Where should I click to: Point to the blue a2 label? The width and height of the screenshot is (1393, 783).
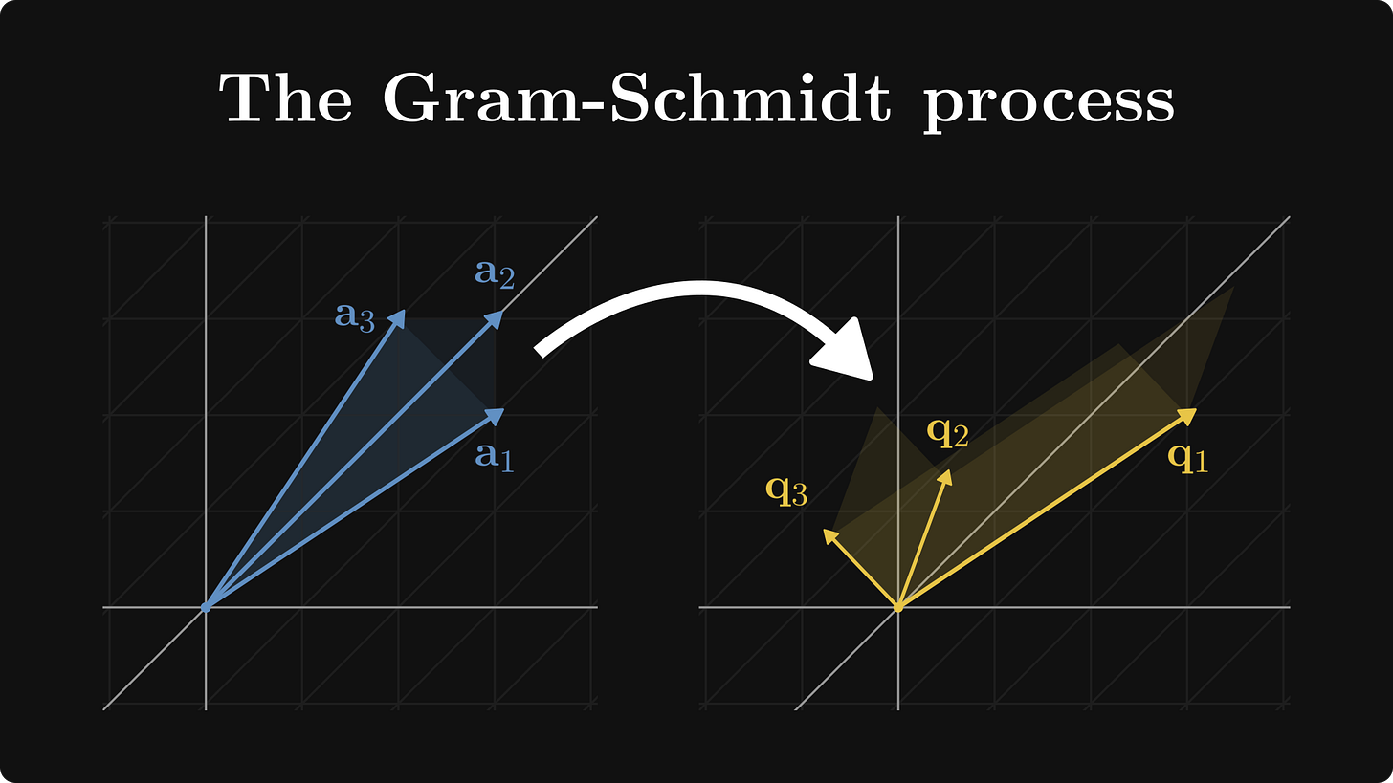click(x=495, y=274)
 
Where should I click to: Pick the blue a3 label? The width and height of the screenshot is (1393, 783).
click(x=354, y=315)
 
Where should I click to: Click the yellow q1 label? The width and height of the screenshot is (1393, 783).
click(x=1187, y=457)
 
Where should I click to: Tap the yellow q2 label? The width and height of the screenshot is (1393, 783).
click(x=947, y=432)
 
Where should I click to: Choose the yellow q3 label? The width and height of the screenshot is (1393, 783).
click(x=786, y=489)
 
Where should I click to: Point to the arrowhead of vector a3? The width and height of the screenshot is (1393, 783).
click(x=400, y=316)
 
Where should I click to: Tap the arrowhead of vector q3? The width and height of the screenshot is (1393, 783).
click(x=829, y=534)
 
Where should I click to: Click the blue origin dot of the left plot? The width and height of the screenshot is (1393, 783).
click(x=206, y=607)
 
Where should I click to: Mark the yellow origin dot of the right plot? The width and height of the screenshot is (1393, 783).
click(x=897, y=607)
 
